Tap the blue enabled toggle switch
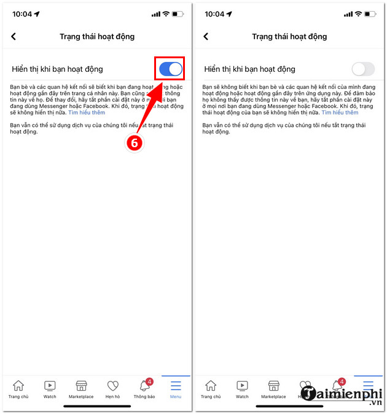click(x=171, y=69)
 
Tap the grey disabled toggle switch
click(x=362, y=69)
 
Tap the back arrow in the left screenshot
click(x=14, y=37)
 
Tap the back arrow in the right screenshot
click(x=206, y=37)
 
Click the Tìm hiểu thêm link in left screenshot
click(x=87, y=113)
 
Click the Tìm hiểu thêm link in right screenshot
click(x=340, y=113)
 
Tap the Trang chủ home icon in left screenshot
click(x=18, y=386)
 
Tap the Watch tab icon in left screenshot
click(x=50, y=386)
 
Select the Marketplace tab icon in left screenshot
click(x=81, y=386)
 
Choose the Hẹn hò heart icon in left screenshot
click(x=113, y=386)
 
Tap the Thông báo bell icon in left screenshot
click(x=145, y=386)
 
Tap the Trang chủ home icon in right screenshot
click(x=211, y=386)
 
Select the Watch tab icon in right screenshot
click(x=242, y=386)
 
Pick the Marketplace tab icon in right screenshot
click(x=273, y=386)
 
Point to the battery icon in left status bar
click(x=178, y=13)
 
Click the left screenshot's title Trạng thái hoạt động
click(x=97, y=37)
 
